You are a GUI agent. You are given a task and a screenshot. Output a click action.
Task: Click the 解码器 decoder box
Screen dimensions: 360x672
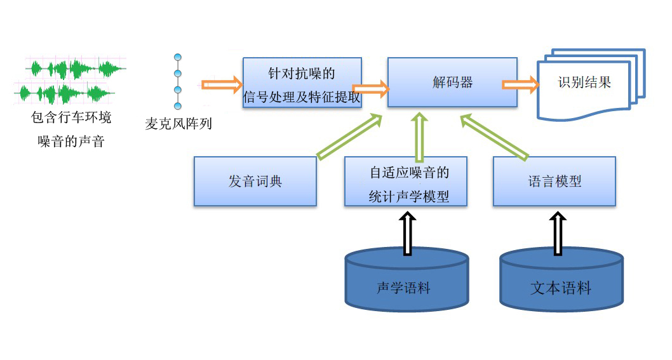[452, 83]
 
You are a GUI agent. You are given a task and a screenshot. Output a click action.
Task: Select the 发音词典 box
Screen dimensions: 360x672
[255, 181]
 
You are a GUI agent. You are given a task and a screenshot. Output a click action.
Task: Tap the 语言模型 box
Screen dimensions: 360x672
[554, 181]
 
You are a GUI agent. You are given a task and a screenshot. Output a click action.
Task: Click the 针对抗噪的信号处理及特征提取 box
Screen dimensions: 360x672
[302, 83]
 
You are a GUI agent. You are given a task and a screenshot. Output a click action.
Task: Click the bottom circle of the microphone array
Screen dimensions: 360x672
[178, 105]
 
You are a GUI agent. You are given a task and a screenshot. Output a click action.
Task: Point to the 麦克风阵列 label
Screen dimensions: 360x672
[178, 124]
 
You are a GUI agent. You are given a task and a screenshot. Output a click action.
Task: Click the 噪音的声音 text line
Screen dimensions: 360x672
[71, 142]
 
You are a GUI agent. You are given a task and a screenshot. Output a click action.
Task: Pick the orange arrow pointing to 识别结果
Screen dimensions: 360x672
[520, 84]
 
